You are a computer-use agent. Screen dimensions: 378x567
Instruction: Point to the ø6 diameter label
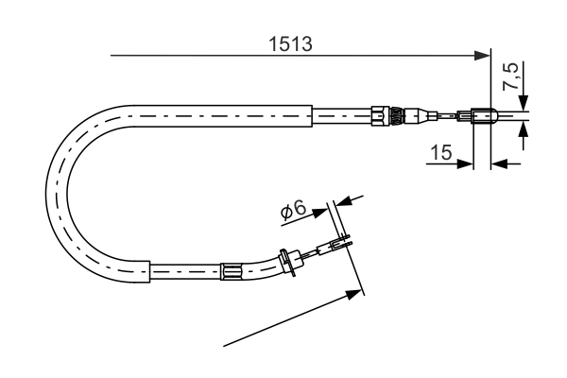(x=293, y=212)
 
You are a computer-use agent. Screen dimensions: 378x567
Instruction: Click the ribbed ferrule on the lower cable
(x=232, y=272)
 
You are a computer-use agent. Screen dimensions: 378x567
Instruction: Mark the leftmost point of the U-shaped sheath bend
(x=48, y=189)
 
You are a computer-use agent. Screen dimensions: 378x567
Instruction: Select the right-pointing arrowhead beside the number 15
(x=464, y=163)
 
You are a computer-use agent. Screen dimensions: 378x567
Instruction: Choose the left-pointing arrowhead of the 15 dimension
(x=499, y=163)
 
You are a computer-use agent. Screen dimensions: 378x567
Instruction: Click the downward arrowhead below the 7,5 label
(x=524, y=105)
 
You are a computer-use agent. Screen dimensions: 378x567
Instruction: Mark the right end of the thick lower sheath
(x=150, y=272)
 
